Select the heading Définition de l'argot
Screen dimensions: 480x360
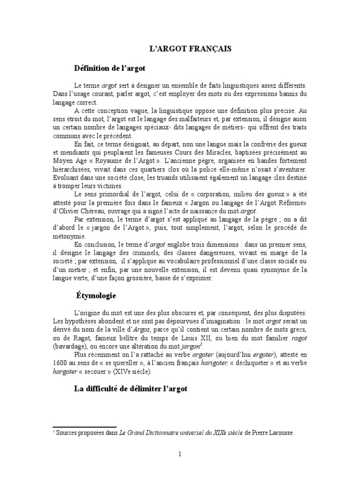click(110, 68)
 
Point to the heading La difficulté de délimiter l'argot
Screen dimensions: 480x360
click(131, 389)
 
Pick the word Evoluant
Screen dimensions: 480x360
click(66, 178)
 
